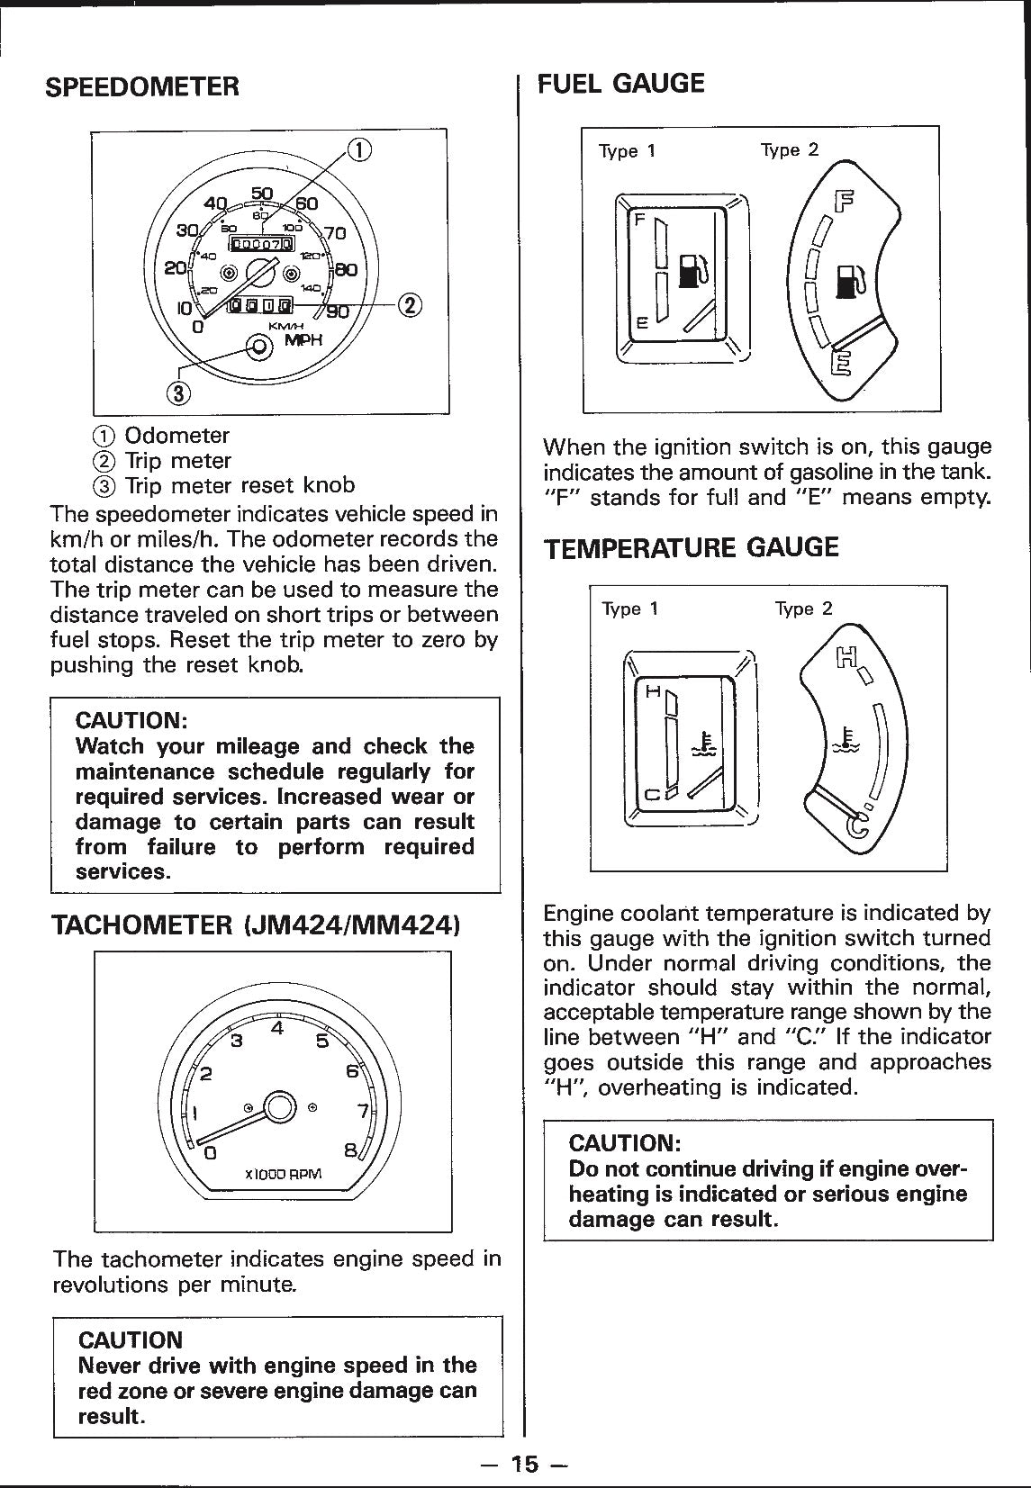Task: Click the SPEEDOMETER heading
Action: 142,87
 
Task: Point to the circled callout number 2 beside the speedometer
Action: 410,306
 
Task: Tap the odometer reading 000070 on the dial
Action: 262,244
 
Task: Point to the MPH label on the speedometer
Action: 303,339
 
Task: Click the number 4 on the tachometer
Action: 278,1027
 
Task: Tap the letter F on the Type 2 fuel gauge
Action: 846,201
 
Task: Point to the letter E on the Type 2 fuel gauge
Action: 839,364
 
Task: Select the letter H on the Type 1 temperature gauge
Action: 653,691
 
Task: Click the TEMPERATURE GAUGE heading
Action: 691,548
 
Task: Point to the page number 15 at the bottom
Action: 523,1465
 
